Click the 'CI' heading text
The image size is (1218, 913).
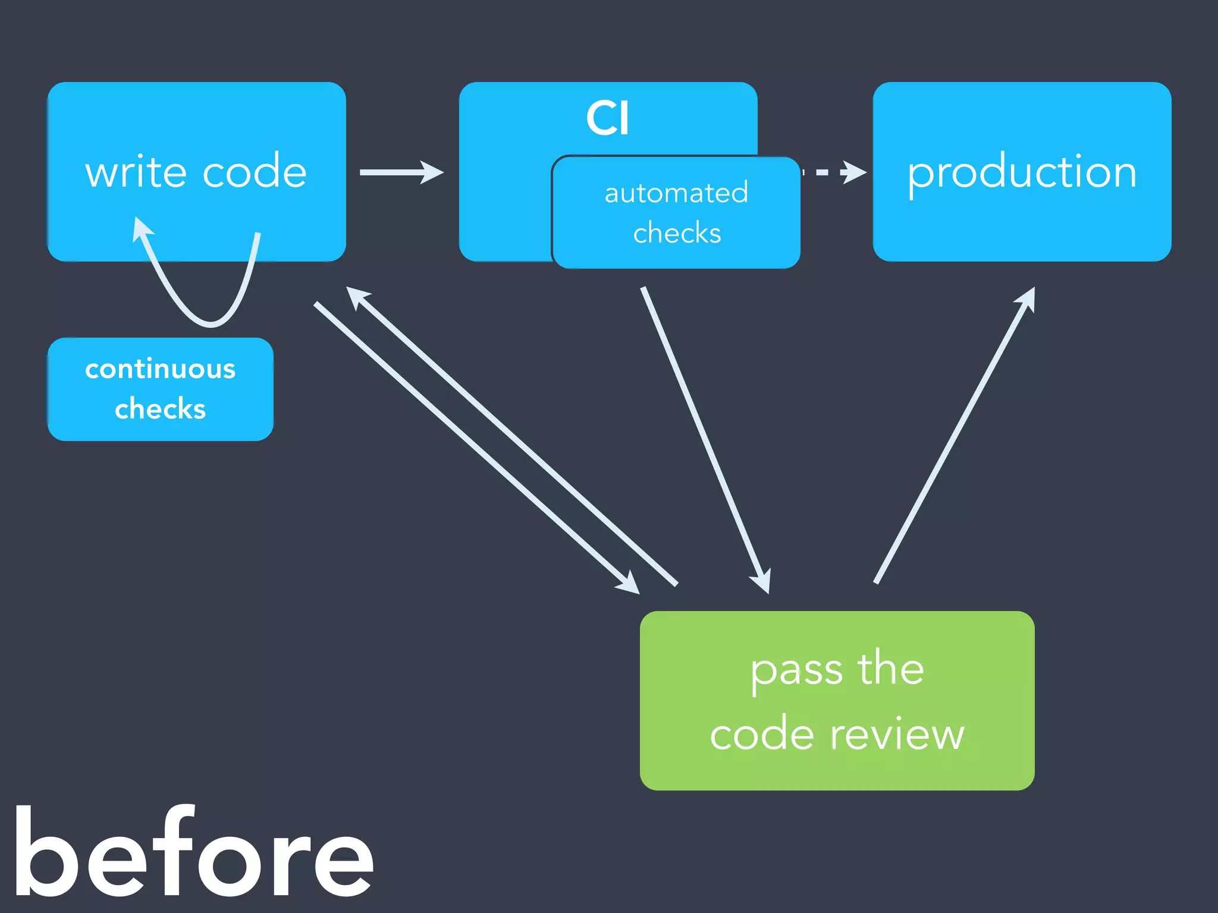[607, 118]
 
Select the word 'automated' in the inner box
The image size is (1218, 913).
[676, 193]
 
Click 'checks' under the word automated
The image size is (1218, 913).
[677, 233]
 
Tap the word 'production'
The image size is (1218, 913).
[1022, 172]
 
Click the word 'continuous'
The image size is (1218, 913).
[160, 369]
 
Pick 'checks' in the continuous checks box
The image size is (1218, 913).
[160, 409]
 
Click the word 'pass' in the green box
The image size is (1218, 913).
[796, 670]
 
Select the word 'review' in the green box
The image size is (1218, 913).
[897, 735]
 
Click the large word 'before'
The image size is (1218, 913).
[193, 853]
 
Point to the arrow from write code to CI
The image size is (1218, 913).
[401, 172]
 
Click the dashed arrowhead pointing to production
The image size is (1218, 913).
[855, 172]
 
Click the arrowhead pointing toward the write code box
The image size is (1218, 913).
[357, 297]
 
